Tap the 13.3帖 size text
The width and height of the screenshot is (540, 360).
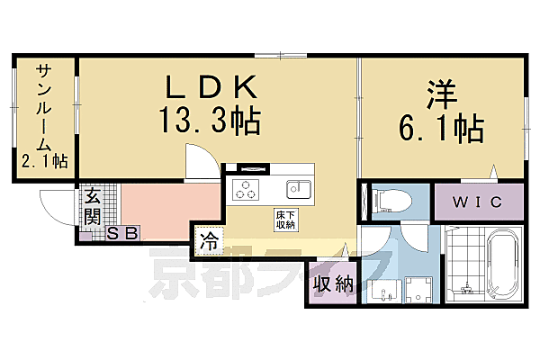[x=211, y=120]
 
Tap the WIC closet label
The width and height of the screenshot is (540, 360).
[x=477, y=201]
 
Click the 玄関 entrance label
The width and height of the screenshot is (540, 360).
[x=92, y=207]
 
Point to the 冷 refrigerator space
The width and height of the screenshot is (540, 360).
[x=208, y=241]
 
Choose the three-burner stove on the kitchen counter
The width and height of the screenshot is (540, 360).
[x=245, y=190]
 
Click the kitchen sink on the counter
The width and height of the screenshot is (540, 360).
[x=299, y=189]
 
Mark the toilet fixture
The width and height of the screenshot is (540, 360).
[x=391, y=198]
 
